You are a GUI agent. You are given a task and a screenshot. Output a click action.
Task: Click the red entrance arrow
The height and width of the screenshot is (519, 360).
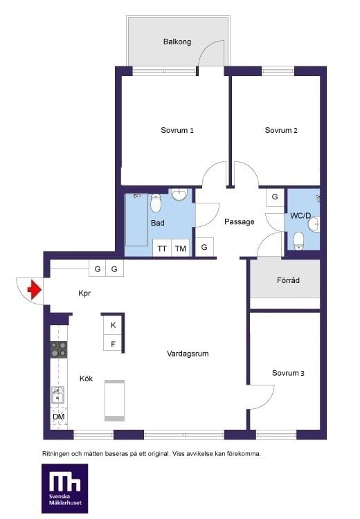(35, 290)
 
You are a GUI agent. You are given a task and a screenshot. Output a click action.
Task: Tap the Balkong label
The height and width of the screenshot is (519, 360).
(177, 42)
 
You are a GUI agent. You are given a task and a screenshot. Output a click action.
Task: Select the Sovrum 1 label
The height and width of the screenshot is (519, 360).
(177, 130)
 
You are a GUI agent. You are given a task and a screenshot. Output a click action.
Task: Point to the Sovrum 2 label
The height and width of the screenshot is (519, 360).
(281, 130)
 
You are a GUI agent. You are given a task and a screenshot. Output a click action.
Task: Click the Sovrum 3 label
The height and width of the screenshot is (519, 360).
(288, 373)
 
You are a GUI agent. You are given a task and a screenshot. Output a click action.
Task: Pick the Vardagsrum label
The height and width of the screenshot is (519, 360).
(188, 354)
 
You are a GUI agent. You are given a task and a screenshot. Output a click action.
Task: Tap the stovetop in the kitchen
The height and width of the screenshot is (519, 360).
(59, 350)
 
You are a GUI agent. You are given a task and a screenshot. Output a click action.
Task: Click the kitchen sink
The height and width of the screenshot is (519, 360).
(57, 395)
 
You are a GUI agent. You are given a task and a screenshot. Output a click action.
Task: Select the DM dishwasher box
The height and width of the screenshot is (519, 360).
(59, 417)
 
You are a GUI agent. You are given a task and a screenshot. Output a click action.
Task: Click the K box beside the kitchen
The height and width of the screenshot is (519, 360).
(113, 325)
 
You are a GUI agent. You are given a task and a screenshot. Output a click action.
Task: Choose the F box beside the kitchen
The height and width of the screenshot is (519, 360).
(113, 343)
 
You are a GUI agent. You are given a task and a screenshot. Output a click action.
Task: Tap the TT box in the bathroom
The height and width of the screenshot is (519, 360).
(162, 248)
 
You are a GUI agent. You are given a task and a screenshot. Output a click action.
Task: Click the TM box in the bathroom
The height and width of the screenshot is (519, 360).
(181, 248)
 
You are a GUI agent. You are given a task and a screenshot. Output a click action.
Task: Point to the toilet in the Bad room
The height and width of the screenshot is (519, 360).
(156, 203)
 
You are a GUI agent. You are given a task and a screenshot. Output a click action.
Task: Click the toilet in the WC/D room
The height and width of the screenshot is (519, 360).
(298, 241)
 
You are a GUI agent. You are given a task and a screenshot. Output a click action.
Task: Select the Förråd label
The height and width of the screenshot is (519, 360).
(288, 280)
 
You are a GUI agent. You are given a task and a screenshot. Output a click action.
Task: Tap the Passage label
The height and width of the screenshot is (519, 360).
(240, 221)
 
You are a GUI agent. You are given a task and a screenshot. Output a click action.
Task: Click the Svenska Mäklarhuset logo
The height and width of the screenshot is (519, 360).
(65, 489)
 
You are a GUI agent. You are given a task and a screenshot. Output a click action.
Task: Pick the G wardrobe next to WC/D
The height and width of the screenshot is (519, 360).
(275, 197)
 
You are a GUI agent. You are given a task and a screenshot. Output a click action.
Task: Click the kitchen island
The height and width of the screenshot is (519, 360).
(115, 401)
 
